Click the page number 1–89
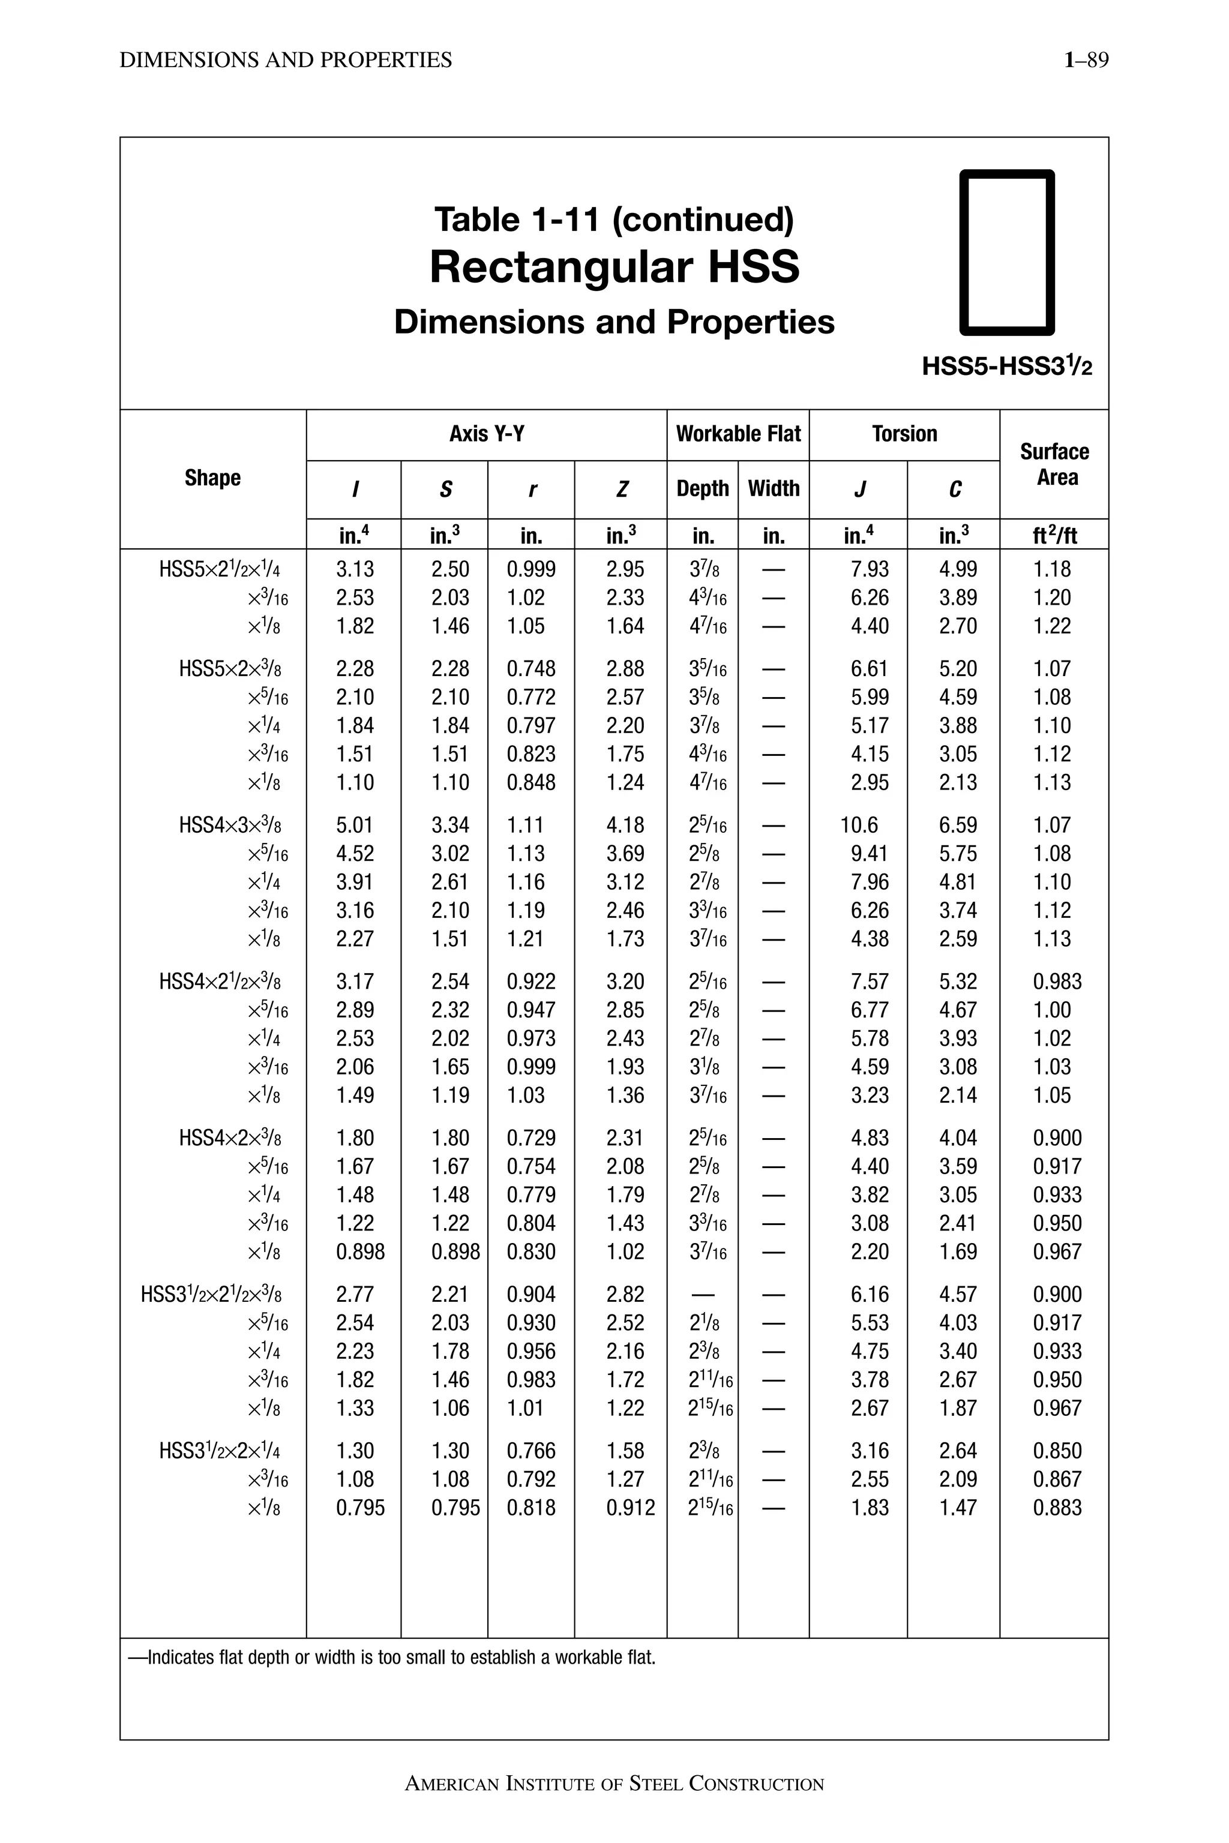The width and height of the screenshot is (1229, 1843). point(1086,61)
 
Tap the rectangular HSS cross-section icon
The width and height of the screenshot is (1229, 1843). point(1007,253)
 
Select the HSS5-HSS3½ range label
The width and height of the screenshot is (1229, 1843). point(1006,366)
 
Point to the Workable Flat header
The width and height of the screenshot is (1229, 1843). point(738,434)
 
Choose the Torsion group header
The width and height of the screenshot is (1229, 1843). point(904,434)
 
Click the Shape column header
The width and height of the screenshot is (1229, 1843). point(212,478)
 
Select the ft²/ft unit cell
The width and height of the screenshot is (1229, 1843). point(1054,535)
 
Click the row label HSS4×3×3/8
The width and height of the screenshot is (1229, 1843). point(230,825)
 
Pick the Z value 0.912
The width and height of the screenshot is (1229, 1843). point(630,1508)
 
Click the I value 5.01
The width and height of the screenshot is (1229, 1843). point(355,825)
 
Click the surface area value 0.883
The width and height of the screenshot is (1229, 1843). point(1057,1508)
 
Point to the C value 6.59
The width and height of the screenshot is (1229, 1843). point(958,825)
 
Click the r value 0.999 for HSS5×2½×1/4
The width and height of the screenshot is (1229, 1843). point(530,570)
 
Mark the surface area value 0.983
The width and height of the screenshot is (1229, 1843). point(1057,982)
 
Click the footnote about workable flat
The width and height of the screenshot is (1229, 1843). point(392,1658)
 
